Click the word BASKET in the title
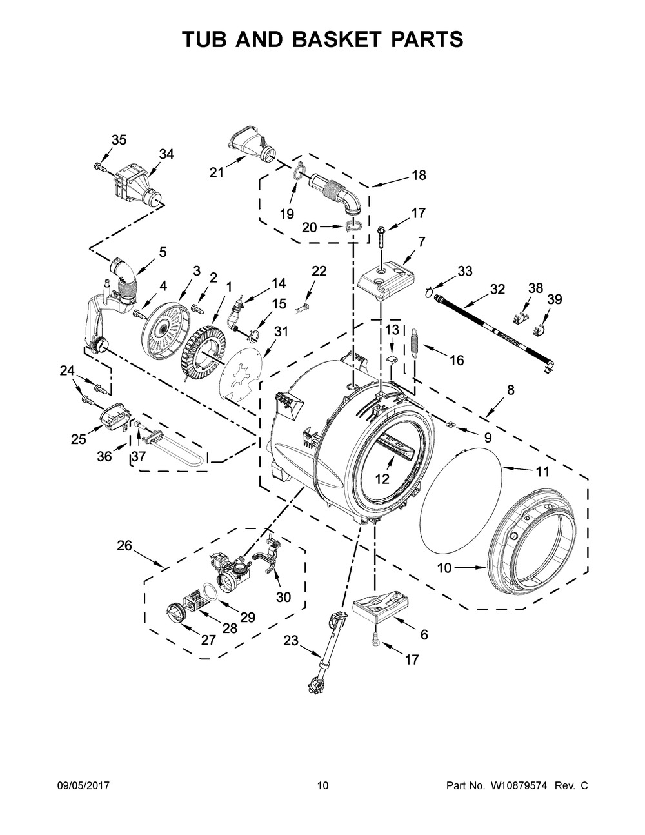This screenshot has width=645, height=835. tap(339, 39)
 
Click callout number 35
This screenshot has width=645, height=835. tap(119, 140)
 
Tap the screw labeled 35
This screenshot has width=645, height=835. tap(100, 166)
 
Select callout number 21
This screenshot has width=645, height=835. tap(217, 173)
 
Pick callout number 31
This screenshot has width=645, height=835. tap(281, 331)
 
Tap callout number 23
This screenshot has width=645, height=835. tap(291, 641)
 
